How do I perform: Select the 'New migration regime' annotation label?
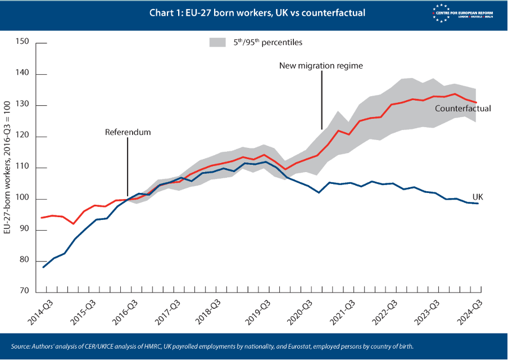(x=321, y=65)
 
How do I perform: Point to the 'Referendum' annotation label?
(x=128, y=132)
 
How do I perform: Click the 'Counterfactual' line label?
(x=463, y=108)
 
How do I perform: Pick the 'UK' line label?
(x=478, y=197)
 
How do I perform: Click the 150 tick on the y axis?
(x=22, y=42)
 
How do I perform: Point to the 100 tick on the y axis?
(x=22, y=199)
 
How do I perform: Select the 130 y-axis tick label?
(x=22, y=105)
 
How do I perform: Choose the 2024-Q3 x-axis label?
(x=470, y=312)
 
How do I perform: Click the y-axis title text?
(x=7, y=168)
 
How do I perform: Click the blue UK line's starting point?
(x=43, y=267)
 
